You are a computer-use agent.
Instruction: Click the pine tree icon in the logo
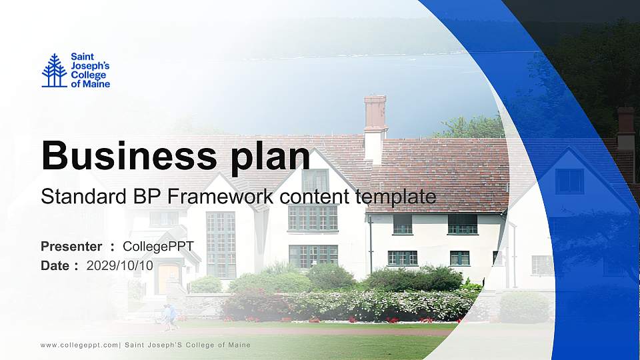[54, 71]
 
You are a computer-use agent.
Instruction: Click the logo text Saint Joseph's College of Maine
[90, 71]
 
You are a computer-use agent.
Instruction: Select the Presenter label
[71, 247]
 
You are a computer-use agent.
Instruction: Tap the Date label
[55, 265]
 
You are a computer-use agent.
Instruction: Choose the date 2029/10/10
[120, 265]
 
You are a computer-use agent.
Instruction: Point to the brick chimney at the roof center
[375, 113]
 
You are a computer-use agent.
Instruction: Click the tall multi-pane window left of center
[221, 244]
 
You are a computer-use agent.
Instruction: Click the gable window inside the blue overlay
[569, 181]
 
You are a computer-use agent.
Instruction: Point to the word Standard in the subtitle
[75, 197]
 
